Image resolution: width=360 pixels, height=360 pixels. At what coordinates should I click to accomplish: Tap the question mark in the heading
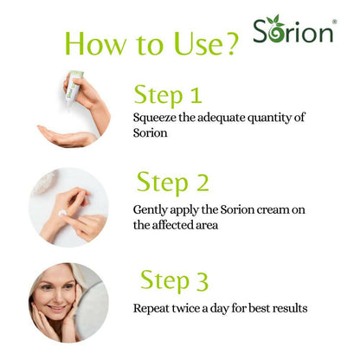pos(229,44)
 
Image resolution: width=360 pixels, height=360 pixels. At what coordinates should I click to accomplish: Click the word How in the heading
pos(96,43)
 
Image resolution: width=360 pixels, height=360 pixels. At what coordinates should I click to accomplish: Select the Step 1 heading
pos(168,94)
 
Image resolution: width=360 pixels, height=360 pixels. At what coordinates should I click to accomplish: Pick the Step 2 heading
pos(173,182)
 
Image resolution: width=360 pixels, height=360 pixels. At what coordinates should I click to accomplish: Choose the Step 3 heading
pos(174,280)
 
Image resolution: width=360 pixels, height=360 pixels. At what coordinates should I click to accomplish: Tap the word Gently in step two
pos(151,210)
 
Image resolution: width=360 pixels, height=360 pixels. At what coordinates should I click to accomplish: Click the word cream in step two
pos(273,209)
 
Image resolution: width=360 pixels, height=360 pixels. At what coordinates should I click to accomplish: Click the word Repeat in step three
pos(151,309)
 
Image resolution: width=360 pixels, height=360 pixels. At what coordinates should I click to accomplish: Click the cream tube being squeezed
pos(74,86)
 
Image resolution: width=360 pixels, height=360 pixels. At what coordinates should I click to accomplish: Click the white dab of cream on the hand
pos(62,214)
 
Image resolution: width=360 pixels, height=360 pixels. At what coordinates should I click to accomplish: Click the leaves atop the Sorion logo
pos(273,20)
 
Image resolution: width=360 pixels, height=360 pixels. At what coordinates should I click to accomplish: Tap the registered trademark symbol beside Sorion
pos(334,22)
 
